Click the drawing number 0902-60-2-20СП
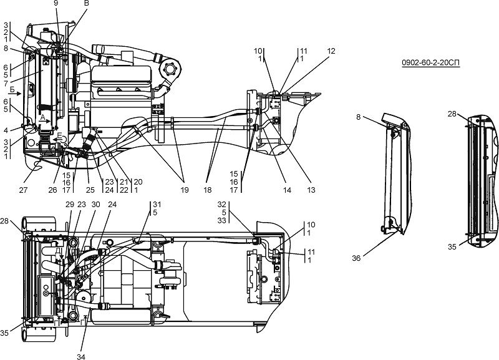430,63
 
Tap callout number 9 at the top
56,4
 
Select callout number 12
331,51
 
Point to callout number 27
23,190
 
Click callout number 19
185,190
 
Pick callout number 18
208,190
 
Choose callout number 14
287,190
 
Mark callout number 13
311,190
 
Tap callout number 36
356,258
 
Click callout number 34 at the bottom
81,356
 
